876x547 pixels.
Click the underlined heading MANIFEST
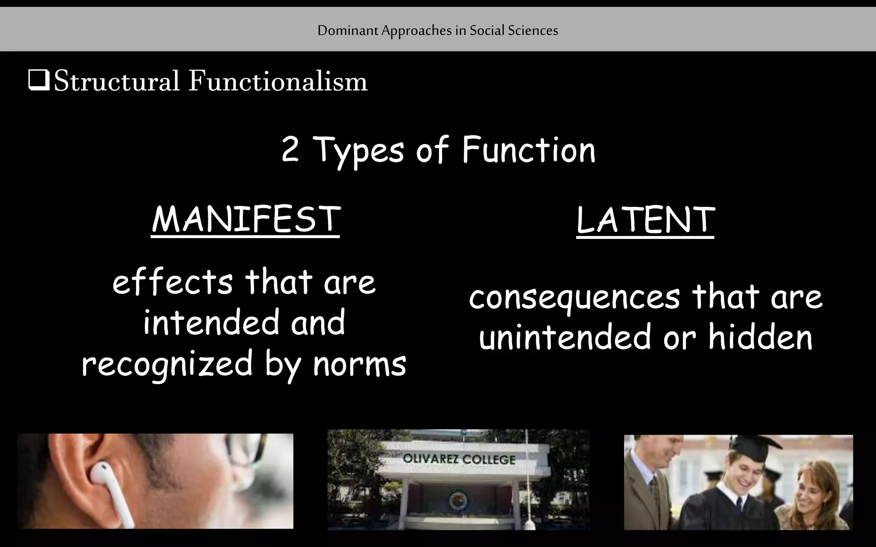point(246,220)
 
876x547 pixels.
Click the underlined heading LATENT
point(645,221)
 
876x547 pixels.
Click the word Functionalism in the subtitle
point(278,81)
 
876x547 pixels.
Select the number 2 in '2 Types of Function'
point(290,151)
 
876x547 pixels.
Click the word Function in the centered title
point(529,150)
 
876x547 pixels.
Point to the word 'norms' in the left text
point(359,365)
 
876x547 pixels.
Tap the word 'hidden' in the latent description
point(760,338)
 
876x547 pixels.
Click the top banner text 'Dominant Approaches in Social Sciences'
point(438,30)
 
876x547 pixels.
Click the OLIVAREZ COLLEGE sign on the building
point(459,460)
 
